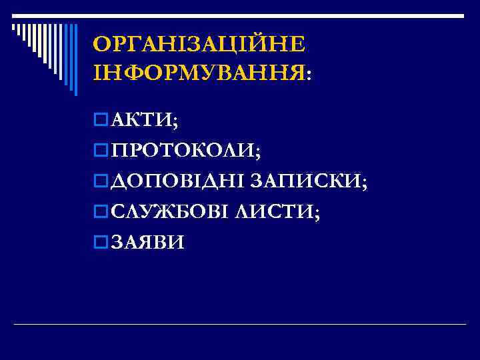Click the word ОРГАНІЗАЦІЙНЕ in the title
coord(199,45)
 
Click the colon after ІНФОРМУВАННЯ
coord(308,74)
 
